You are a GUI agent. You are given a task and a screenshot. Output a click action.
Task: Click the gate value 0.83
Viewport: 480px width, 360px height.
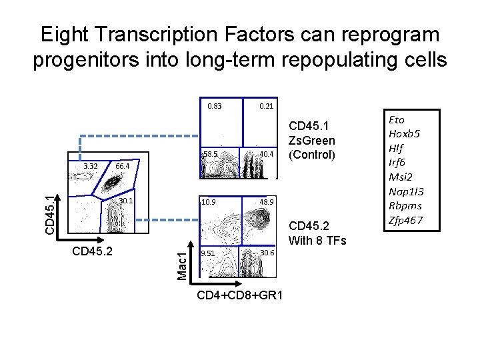pos(214,106)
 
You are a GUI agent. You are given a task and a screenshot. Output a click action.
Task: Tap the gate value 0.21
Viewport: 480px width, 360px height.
pos(266,106)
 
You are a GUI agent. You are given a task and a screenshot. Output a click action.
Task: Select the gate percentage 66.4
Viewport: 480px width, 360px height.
pos(123,166)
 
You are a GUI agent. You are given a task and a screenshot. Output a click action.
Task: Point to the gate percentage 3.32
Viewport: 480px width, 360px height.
pos(91,166)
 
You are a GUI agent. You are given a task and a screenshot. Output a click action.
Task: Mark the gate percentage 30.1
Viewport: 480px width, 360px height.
pos(126,201)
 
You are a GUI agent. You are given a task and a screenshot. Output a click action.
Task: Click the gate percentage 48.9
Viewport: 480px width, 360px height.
pos(267,201)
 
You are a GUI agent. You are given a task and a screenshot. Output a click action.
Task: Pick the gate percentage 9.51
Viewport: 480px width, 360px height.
pos(208,253)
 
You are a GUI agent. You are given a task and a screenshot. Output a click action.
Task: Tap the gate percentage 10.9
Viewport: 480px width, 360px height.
pos(208,201)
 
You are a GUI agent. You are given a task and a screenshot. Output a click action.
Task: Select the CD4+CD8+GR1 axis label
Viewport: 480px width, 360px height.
pos(240,295)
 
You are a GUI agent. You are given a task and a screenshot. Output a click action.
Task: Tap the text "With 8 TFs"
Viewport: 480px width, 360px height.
pos(317,241)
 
